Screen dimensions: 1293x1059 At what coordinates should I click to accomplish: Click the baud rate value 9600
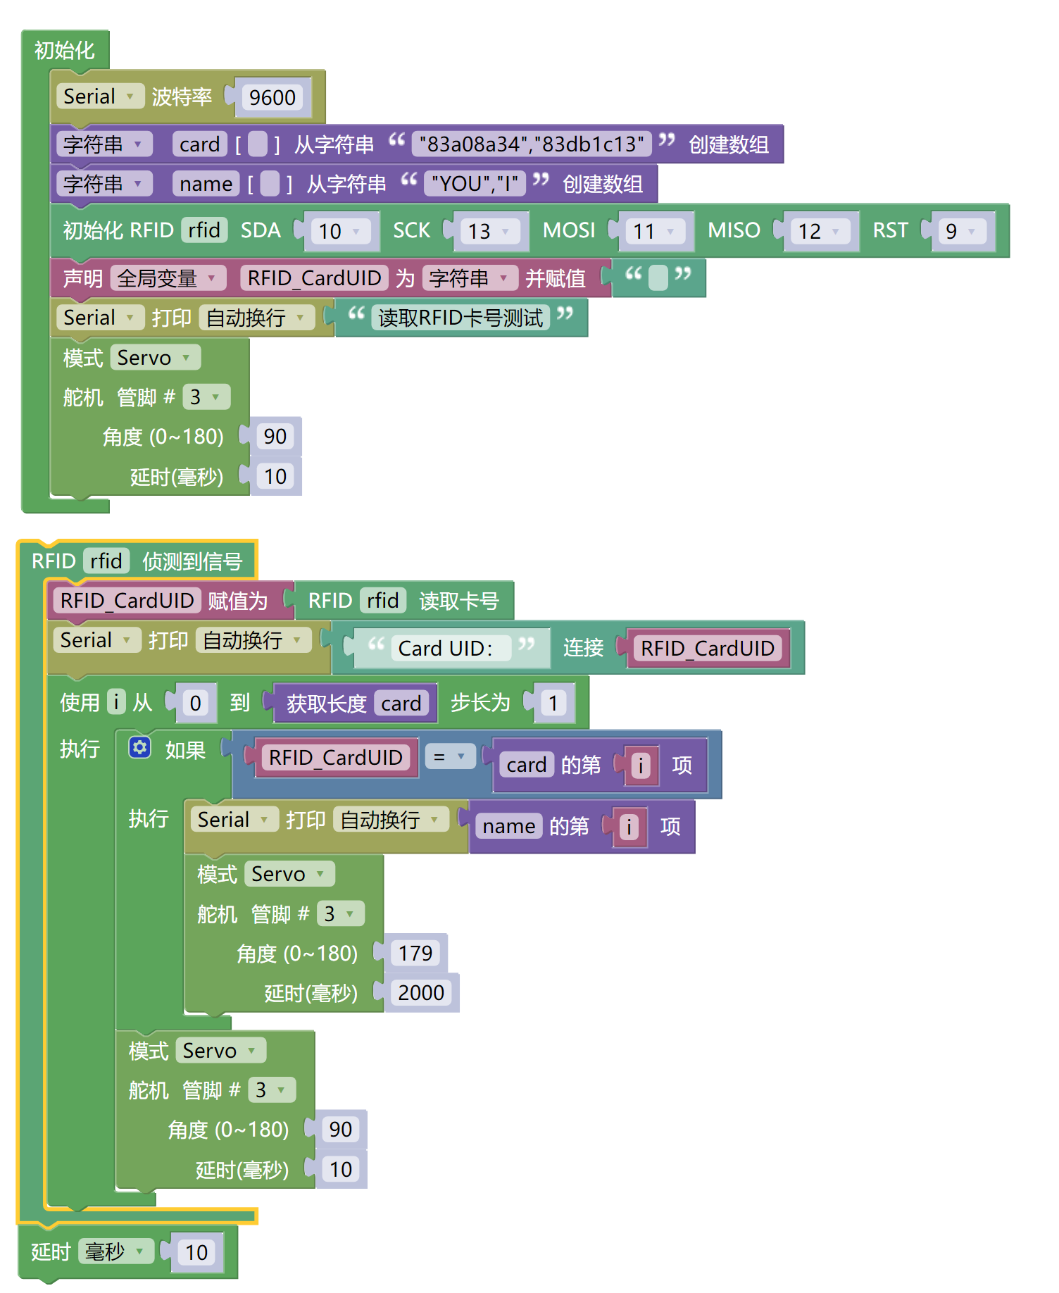point(272,97)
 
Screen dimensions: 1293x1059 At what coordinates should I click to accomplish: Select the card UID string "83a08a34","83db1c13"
point(532,144)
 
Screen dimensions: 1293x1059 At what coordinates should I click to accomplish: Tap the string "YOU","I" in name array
point(475,184)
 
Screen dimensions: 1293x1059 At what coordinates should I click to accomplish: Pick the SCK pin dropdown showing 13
point(489,231)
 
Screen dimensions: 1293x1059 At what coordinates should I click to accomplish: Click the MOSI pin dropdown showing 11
point(653,231)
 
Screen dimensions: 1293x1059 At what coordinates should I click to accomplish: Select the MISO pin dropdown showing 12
point(819,231)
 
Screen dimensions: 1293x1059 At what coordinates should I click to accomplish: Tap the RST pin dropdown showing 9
point(961,231)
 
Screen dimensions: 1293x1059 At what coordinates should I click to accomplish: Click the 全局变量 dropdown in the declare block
point(168,278)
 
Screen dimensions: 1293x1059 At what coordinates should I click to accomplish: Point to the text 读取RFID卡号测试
point(460,318)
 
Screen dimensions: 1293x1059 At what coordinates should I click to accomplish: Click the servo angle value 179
point(415,953)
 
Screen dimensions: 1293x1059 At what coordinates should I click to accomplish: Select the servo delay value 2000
point(420,992)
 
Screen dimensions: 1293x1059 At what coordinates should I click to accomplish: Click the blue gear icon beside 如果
point(139,748)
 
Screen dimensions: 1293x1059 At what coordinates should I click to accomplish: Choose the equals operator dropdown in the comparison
point(449,757)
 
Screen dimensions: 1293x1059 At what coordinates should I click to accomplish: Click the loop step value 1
point(553,703)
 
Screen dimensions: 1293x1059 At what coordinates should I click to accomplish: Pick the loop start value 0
point(195,703)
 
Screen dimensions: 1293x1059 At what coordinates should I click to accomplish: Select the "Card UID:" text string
point(445,648)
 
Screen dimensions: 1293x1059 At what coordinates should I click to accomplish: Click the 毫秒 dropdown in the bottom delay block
point(115,1251)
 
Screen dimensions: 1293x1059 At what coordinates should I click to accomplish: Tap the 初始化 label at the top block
point(64,50)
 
